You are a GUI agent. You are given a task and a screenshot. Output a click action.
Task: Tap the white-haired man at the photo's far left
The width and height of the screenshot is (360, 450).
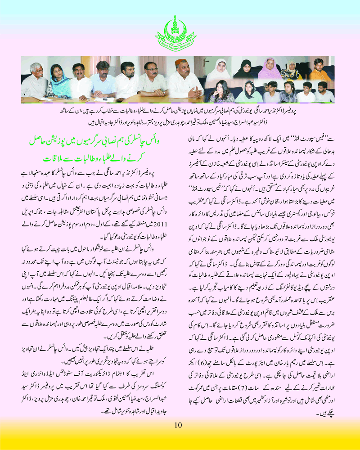tap(34, 81)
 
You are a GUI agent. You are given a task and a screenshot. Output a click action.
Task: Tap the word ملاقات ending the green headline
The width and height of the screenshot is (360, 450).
tap(57, 159)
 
